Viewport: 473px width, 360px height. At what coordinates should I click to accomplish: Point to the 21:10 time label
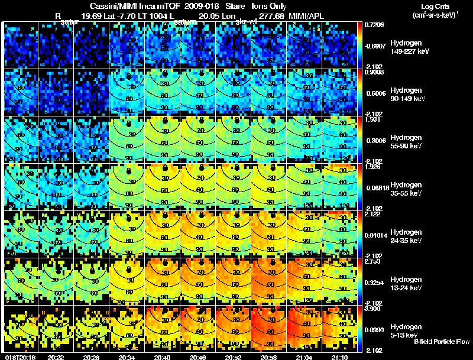pos(341,357)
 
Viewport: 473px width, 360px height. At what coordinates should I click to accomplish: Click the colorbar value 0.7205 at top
pos(376,25)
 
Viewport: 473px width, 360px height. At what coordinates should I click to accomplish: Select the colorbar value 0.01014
pos(376,236)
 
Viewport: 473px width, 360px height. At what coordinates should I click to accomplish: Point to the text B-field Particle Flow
pos(442,342)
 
